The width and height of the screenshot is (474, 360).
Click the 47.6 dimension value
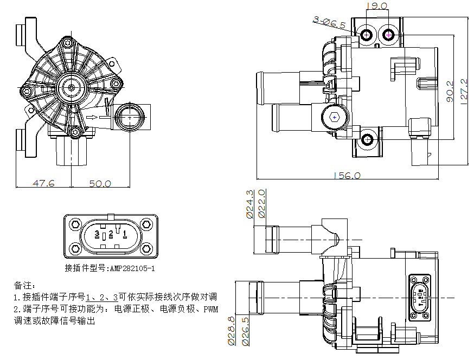[44, 183]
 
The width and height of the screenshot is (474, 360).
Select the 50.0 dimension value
[100, 183]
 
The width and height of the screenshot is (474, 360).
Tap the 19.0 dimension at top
[377, 7]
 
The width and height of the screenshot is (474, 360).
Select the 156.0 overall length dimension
[347, 176]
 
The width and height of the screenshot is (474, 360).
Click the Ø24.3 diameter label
[250, 204]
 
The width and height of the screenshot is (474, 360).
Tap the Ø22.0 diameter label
[262, 204]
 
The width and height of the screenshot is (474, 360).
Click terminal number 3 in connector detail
[97, 234]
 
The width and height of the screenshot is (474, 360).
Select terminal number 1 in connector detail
[125, 234]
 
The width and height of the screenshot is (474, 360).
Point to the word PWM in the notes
[211, 310]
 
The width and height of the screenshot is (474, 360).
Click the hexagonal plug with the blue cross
[335, 117]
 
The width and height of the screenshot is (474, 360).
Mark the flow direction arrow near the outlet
[92, 116]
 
